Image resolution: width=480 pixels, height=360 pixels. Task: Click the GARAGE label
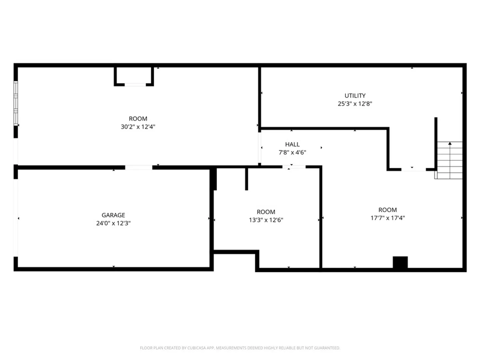point(113,215)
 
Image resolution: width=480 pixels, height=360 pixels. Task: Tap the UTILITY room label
point(355,96)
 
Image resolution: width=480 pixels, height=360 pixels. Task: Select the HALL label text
point(292,144)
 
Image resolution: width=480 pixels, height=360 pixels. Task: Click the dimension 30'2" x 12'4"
point(138,127)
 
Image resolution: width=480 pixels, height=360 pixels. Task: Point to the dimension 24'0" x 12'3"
point(113,223)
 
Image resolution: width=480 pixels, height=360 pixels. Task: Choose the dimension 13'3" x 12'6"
point(266,220)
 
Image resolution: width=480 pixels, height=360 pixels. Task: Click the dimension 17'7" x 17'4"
point(388,218)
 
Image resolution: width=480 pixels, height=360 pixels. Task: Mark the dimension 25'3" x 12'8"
point(355,104)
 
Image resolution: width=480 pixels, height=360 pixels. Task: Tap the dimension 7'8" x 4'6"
point(292,152)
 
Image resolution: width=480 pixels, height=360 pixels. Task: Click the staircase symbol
point(449,160)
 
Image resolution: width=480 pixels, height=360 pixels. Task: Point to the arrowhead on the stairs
point(450,143)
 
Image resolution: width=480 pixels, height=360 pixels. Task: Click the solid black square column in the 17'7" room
point(400,262)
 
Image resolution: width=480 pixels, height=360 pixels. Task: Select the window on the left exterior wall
point(16,103)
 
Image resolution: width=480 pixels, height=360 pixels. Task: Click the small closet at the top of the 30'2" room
point(134,77)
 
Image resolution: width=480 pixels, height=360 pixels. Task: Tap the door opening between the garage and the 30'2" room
point(139,168)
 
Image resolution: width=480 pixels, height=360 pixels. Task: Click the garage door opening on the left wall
point(16,218)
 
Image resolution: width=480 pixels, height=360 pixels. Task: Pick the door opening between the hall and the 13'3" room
point(294,167)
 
